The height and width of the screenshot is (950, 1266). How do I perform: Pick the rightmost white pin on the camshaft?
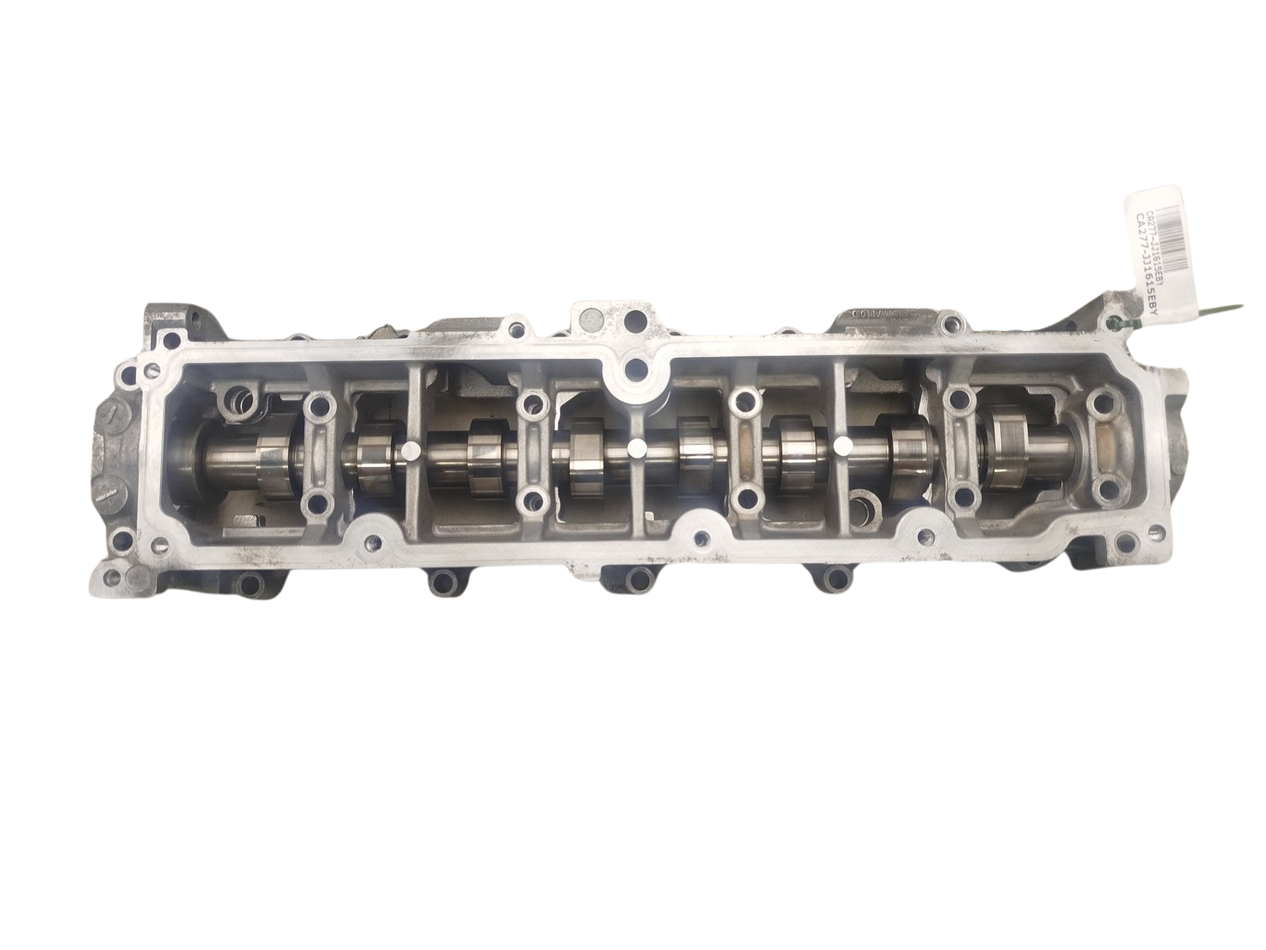click(843, 449)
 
